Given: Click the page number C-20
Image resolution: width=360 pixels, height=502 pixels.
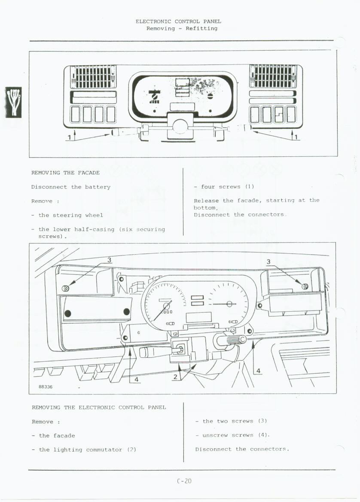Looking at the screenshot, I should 183,481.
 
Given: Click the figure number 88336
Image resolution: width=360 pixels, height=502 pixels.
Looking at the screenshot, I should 46,386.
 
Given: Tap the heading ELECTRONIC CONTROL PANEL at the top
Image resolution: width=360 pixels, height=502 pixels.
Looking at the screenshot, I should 178,21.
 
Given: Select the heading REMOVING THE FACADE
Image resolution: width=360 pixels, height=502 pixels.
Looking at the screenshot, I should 65,173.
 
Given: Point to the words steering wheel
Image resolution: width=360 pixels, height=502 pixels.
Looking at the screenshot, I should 78,215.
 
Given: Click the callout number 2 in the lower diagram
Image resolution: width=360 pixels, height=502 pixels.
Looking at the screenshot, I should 175,377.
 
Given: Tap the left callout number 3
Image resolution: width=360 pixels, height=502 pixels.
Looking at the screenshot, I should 110,260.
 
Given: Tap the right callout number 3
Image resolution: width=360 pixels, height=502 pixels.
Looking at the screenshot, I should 268,262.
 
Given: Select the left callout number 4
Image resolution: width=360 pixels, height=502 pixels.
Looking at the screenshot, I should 136,379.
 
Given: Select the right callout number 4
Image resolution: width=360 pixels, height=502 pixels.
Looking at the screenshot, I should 258,371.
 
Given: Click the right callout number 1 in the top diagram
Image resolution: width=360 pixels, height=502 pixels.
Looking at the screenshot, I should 297,137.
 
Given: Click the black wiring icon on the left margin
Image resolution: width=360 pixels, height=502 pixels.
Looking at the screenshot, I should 13,102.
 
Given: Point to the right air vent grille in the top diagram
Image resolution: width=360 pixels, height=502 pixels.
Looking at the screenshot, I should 273,76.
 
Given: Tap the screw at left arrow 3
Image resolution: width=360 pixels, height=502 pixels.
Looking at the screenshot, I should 66,288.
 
